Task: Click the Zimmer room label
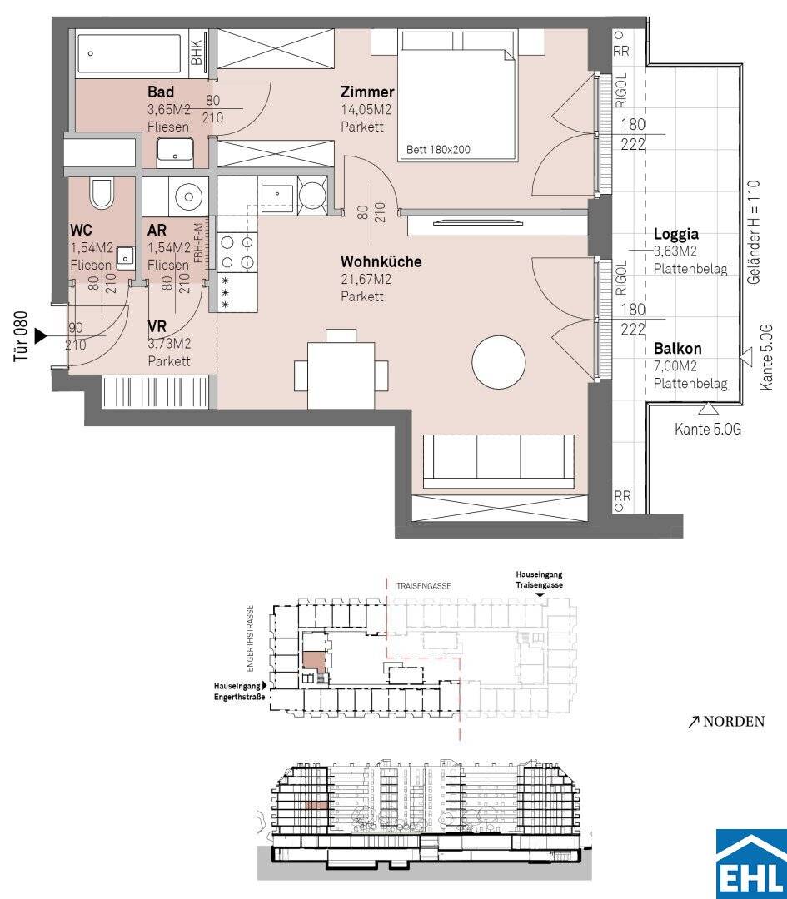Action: (367, 92)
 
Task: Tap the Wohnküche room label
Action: (381, 261)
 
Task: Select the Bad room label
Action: (161, 92)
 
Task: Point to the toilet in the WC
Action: (102, 192)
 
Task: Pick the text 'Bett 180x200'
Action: (438, 150)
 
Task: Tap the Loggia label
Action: (675, 235)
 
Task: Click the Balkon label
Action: (677, 349)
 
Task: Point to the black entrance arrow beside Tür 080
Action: (40, 336)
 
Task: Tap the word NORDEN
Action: (734, 721)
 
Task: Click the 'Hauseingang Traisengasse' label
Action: (539, 579)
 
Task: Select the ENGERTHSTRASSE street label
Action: (250, 638)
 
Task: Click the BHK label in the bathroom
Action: (197, 52)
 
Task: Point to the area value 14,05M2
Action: (366, 110)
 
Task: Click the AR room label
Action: (157, 230)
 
